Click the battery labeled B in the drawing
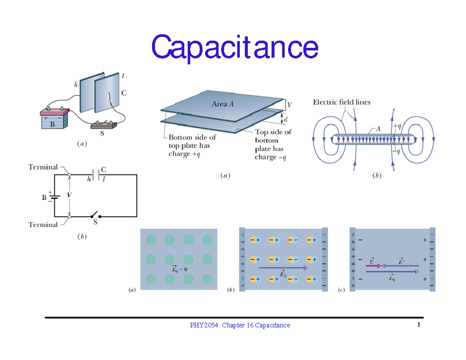(x=54, y=120)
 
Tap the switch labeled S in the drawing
(x=104, y=125)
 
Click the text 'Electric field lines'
(x=342, y=103)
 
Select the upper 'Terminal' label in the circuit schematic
(x=43, y=167)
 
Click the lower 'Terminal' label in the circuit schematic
(x=43, y=224)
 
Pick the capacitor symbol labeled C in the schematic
(x=96, y=175)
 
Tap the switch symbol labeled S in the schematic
(x=95, y=216)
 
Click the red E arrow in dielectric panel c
(x=374, y=266)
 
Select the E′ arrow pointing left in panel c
(x=400, y=266)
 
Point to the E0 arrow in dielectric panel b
(x=283, y=268)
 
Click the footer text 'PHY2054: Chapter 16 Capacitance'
(x=239, y=325)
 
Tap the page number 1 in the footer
(x=419, y=325)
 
